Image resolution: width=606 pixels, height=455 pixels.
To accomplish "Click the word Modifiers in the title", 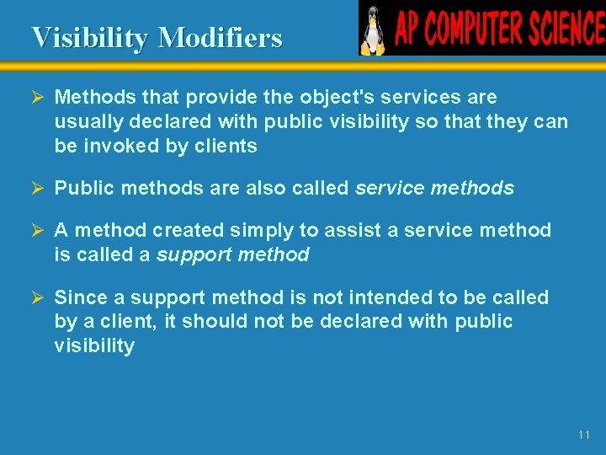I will click(x=220, y=38).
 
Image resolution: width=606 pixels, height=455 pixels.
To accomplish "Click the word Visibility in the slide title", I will click(x=91, y=38).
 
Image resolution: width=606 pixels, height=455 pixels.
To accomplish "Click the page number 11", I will click(x=584, y=435).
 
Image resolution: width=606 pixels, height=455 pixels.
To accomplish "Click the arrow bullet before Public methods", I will click(x=38, y=188).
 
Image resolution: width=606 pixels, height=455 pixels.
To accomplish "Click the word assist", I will click(x=346, y=230).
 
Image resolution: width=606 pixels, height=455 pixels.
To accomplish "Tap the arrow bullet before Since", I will click(x=38, y=297).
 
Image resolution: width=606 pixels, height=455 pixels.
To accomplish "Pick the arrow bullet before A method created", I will click(x=38, y=230).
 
